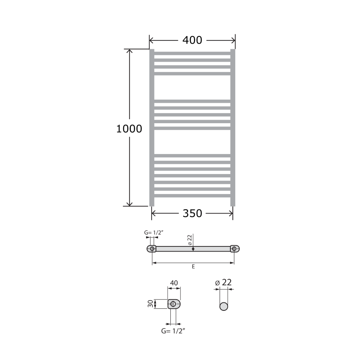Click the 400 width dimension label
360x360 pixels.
click(192, 40)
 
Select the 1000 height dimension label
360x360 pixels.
click(129, 129)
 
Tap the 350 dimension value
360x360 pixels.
click(192, 214)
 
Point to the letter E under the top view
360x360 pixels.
click(193, 266)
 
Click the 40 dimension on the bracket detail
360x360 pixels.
click(174, 283)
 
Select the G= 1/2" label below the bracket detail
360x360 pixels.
click(173, 331)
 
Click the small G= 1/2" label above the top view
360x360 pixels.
click(153, 232)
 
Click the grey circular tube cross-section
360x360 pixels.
click(224, 306)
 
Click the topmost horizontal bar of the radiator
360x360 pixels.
click(192, 53)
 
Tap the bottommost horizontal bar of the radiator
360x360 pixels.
click(192, 196)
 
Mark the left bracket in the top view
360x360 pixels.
click(152, 249)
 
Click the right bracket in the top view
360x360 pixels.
click(235, 249)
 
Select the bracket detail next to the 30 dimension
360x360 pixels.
click(174, 304)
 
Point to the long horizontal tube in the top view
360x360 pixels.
click(193, 249)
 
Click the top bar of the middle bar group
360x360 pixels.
click(192, 101)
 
